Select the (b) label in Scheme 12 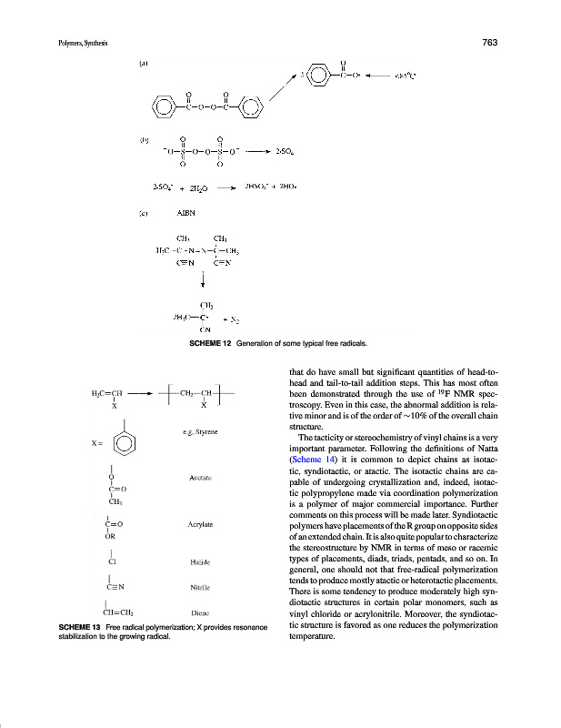144,140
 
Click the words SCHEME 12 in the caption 211,343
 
